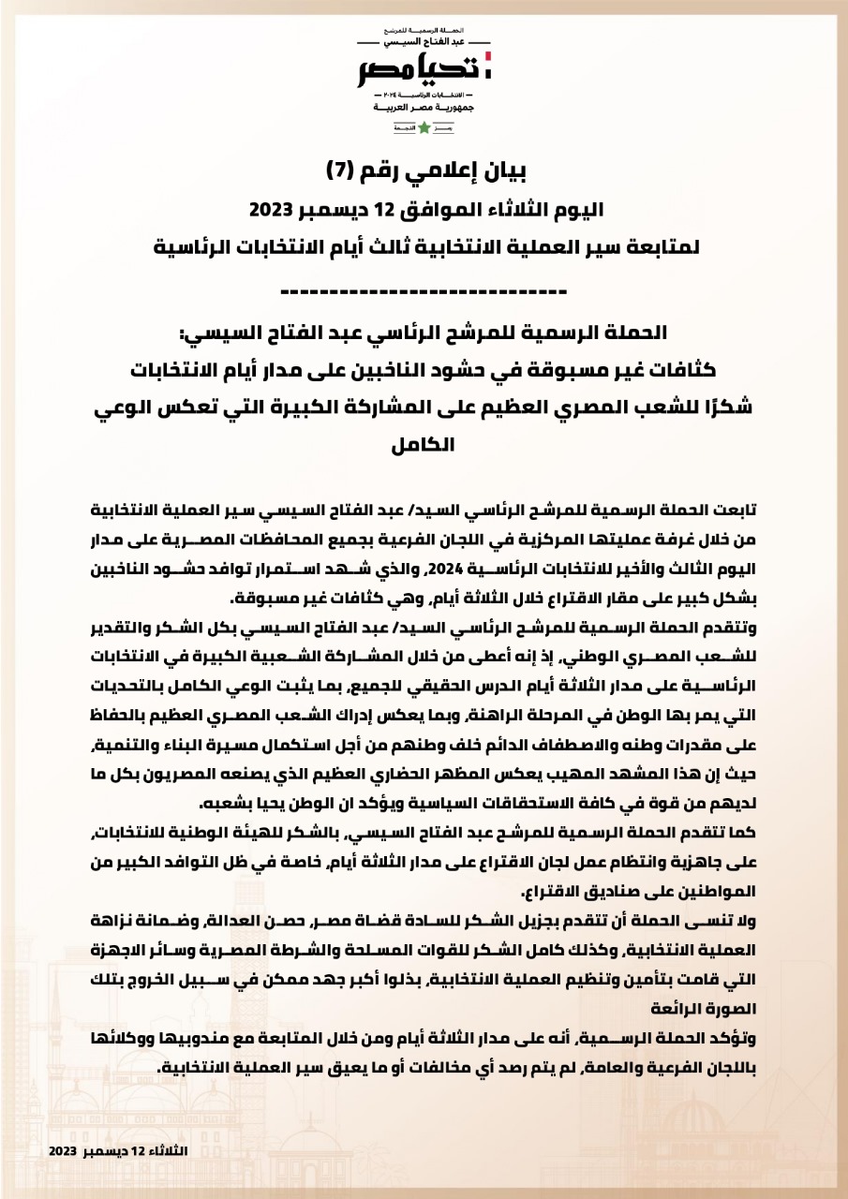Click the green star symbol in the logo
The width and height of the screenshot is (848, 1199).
424,127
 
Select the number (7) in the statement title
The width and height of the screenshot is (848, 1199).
337,170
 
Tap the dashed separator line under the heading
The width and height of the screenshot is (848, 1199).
424,290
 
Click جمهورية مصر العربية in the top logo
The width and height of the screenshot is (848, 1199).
424,108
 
